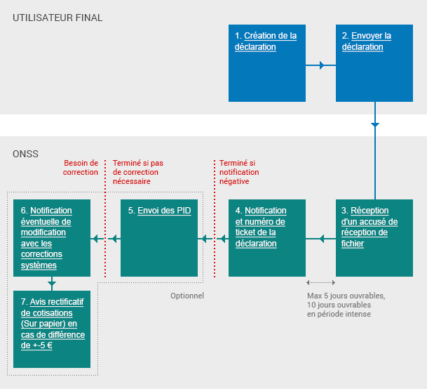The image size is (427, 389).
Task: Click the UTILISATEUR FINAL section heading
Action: pyautogui.click(x=57, y=18)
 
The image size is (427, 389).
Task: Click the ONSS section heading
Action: pyautogui.click(x=25, y=154)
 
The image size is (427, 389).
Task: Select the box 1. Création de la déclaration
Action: pyautogui.click(x=267, y=63)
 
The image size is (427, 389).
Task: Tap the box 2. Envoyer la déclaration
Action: pyautogui.click(x=374, y=63)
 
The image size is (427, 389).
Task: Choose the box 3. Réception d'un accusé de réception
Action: pyautogui.click(x=374, y=238)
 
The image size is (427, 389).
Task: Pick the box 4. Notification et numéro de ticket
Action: pyautogui.click(x=267, y=238)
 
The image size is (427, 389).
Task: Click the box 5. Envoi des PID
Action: pyautogui.click(x=159, y=238)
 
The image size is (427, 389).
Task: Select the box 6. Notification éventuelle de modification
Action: pyautogui.click(x=52, y=238)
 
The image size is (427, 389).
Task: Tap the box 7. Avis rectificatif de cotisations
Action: pyautogui.click(x=52, y=329)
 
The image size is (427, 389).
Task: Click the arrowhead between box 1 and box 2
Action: pyautogui.click(x=322, y=65)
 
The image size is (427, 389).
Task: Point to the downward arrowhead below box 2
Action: pyautogui.click(x=374, y=124)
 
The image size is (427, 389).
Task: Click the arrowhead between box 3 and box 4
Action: pyautogui.click(x=322, y=239)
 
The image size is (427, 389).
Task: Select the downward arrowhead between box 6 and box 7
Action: pyautogui.click(x=52, y=284)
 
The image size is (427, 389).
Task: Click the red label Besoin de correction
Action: pyautogui.click(x=81, y=167)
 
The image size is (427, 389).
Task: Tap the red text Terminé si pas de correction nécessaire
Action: pyautogui.click(x=137, y=172)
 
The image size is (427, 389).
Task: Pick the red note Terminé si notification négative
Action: pyautogui.click(x=239, y=172)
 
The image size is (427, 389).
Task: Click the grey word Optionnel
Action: pyautogui.click(x=187, y=296)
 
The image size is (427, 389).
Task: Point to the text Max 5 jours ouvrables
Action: pyautogui.click(x=346, y=296)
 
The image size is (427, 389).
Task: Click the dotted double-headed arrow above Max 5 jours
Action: pyautogui.click(x=320, y=283)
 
